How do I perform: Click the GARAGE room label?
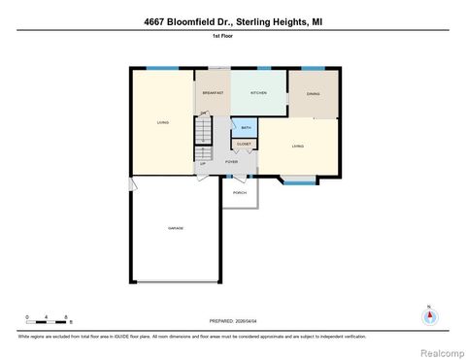coord(176,228)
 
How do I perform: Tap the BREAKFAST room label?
coord(213,93)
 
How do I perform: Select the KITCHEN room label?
coord(258,93)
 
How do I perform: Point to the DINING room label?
coord(314,94)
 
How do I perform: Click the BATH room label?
coord(246,128)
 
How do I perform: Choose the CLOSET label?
coord(244,145)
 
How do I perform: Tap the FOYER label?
coord(232,162)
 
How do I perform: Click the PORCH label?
coord(239,193)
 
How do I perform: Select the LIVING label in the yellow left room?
coord(163,122)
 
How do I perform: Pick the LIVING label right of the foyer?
coord(299,147)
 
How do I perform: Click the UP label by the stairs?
coord(203,164)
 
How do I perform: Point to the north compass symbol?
coord(428,316)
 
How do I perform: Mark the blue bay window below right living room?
coord(299,180)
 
